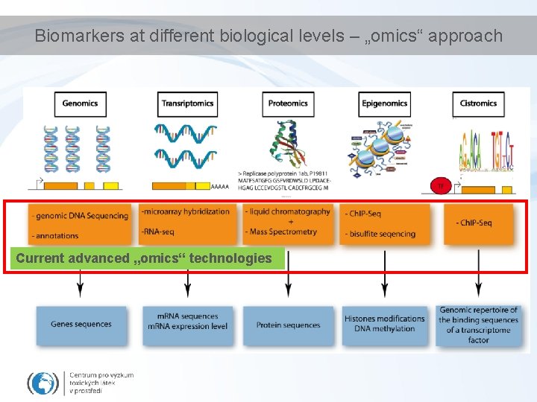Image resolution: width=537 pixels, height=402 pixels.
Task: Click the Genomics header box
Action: pyautogui.click(x=80, y=103)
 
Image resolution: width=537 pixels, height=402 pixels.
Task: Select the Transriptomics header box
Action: pyautogui.click(x=188, y=103)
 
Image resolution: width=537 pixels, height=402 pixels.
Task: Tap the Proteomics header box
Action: pyautogui.click(x=288, y=103)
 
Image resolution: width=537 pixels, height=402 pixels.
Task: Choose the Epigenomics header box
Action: pyautogui.click(x=384, y=103)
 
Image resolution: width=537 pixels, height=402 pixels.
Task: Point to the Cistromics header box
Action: pyautogui.click(x=478, y=103)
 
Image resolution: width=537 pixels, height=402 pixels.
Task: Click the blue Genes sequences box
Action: pyautogui.click(x=81, y=325)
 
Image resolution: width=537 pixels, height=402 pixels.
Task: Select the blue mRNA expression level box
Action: pyautogui.click(x=188, y=322)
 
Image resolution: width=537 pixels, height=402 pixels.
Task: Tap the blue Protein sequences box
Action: pyautogui.click(x=288, y=325)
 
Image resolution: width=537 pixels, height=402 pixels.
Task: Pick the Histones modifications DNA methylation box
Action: pyautogui.click(x=384, y=324)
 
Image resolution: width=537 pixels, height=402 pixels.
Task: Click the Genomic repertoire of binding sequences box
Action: pyautogui.click(x=478, y=325)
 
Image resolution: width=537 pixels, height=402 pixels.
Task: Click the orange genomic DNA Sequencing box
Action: pyautogui.click(x=80, y=224)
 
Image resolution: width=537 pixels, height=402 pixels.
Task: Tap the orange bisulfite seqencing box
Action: pyautogui.click(x=384, y=223)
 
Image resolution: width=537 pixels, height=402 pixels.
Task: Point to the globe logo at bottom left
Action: pyautogui.click(x=43, y=383)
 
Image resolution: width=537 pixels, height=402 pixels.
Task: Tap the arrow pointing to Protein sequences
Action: pyautogui.click(x=288, y=279)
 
